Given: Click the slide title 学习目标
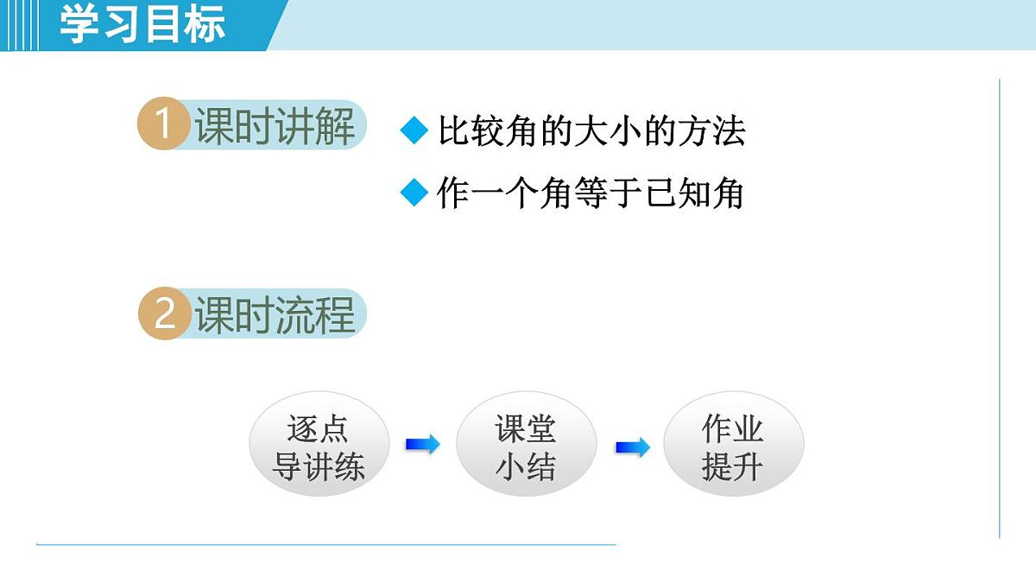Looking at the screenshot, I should (x=142, y=23).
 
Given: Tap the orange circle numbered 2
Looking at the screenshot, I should (x=163, y=314).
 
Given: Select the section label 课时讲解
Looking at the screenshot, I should (x=275, y=126).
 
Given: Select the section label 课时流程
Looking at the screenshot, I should (x=275, y=314).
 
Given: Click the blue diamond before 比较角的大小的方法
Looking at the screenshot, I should (x=414, y=131).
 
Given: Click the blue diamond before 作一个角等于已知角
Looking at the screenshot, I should (x=414, y=193).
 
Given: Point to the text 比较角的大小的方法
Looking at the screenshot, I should (x=591, y=131).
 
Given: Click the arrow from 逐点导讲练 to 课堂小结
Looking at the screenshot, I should (x=422, y=445).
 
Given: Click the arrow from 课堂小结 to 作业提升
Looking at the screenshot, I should (x=632, y=447).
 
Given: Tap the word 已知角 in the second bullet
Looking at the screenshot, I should (x=696, y=193).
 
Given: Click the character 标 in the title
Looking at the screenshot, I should (x=205, y=23).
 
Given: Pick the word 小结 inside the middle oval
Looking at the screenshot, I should (x=526, y=467).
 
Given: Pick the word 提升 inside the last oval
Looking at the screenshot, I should (x=733, y=467).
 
